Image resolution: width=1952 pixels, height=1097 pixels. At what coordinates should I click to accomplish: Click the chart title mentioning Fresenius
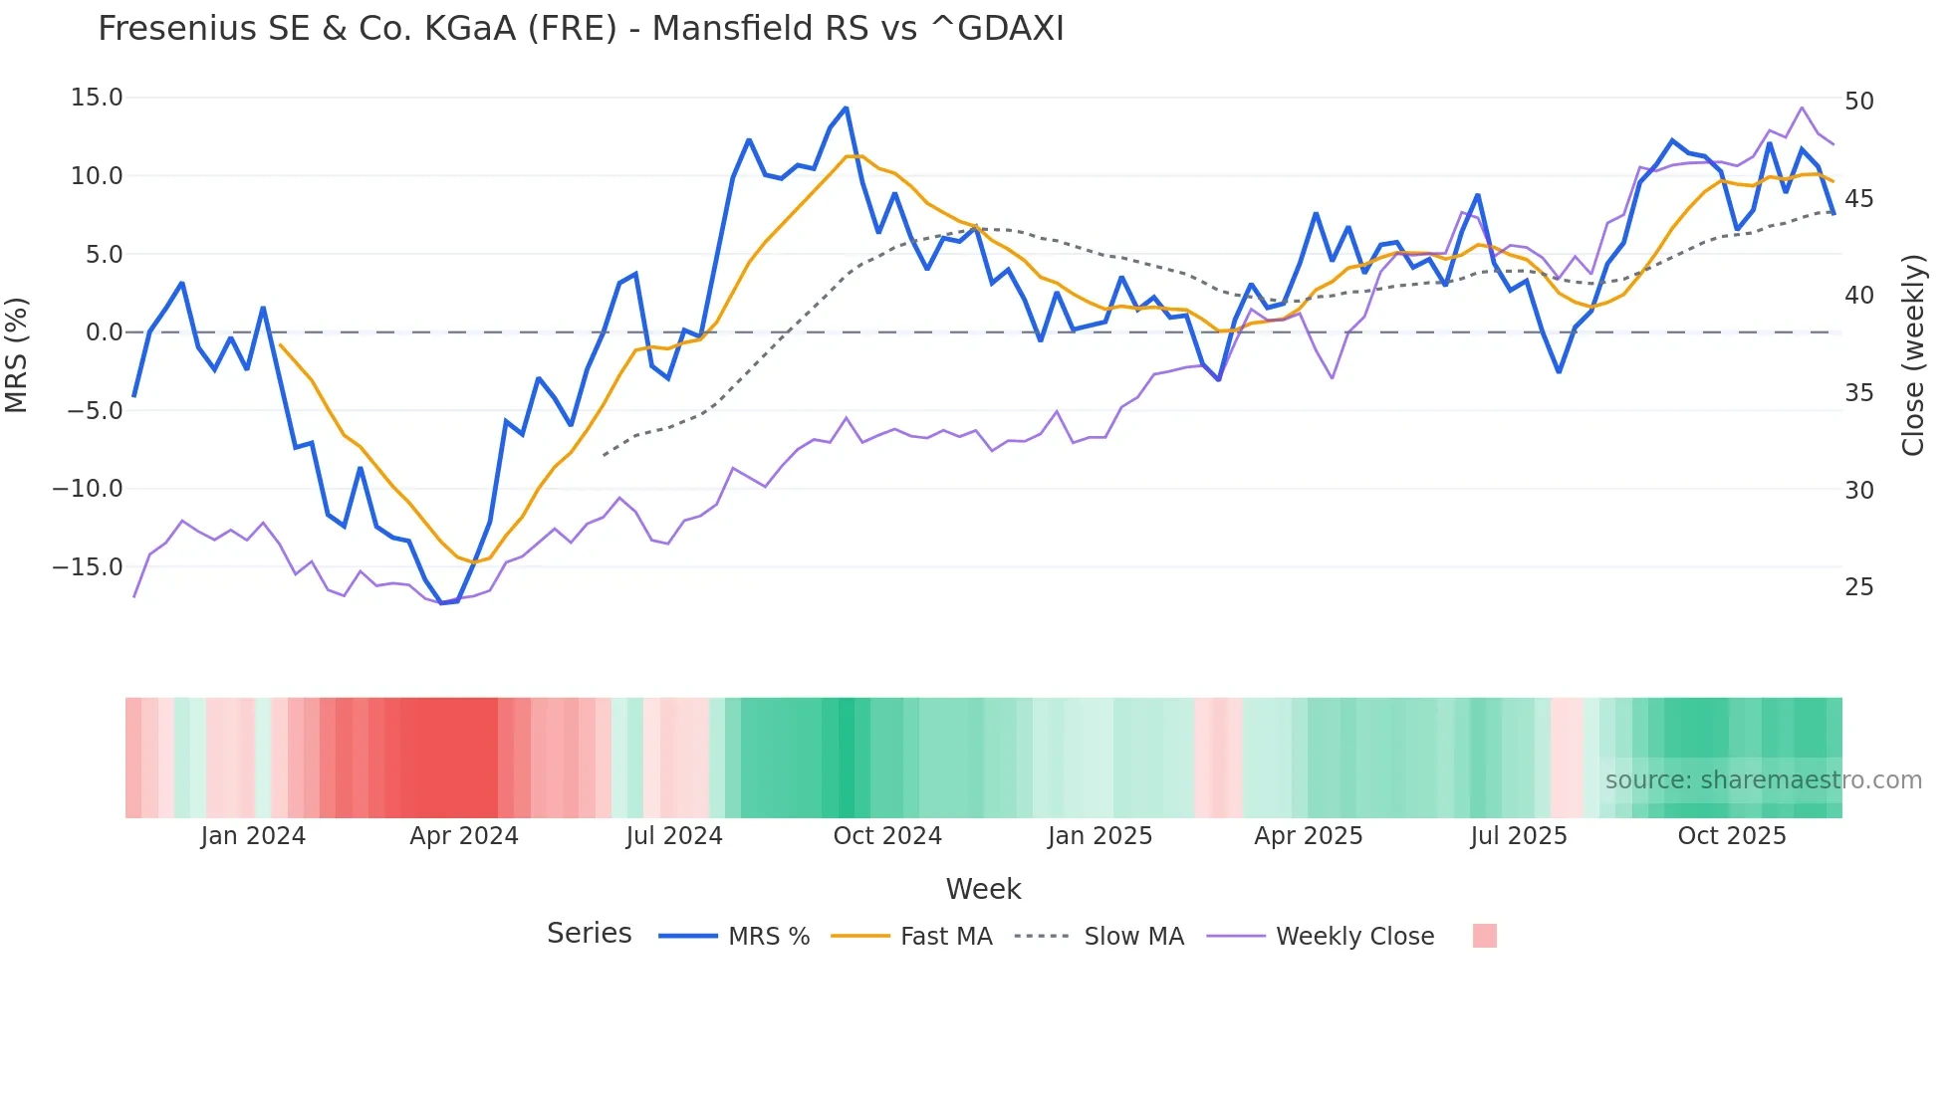(581, 29)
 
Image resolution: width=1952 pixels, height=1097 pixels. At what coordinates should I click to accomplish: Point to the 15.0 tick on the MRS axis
(97, 98)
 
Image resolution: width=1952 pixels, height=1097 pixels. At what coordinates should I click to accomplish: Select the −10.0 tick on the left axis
(88, 489)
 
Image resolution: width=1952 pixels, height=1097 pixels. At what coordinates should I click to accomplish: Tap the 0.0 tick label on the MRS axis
(104, 332)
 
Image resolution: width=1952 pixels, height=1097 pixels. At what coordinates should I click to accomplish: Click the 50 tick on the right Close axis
(1858, 102)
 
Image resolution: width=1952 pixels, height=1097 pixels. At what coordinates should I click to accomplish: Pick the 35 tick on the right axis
(1858, 393)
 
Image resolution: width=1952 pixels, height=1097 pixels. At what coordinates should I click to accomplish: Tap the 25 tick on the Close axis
(1858, 587)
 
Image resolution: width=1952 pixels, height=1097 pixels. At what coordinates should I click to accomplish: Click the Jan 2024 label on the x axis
(253, 836)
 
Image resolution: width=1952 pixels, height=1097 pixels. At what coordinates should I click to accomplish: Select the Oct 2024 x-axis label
(887, 836)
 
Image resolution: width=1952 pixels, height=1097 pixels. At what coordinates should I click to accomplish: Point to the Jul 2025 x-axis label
(1519, 836)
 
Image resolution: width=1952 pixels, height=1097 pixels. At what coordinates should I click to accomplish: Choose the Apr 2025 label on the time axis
(1309, 836)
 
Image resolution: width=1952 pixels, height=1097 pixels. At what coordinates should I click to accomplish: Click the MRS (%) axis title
(17, 355)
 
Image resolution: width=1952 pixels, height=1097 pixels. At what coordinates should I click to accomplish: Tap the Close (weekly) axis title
(1913, 355)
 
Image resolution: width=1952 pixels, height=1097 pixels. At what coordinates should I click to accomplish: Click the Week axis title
(983, 889)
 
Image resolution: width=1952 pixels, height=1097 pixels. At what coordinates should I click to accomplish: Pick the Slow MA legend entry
(1133, 937)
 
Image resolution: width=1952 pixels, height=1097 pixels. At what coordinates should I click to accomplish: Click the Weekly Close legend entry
(1354, 937)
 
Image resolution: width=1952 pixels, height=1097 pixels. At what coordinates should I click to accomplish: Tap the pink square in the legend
(1484, 936)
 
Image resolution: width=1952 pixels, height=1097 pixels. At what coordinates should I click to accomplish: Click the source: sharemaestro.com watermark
(1763, 780)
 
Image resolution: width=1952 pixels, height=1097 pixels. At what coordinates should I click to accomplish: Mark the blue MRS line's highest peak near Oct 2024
(846, 109)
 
